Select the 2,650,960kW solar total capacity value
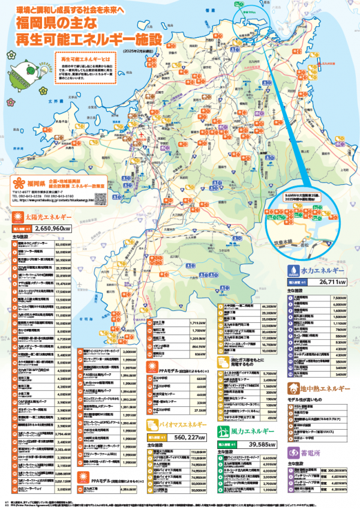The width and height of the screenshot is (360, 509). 53,229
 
